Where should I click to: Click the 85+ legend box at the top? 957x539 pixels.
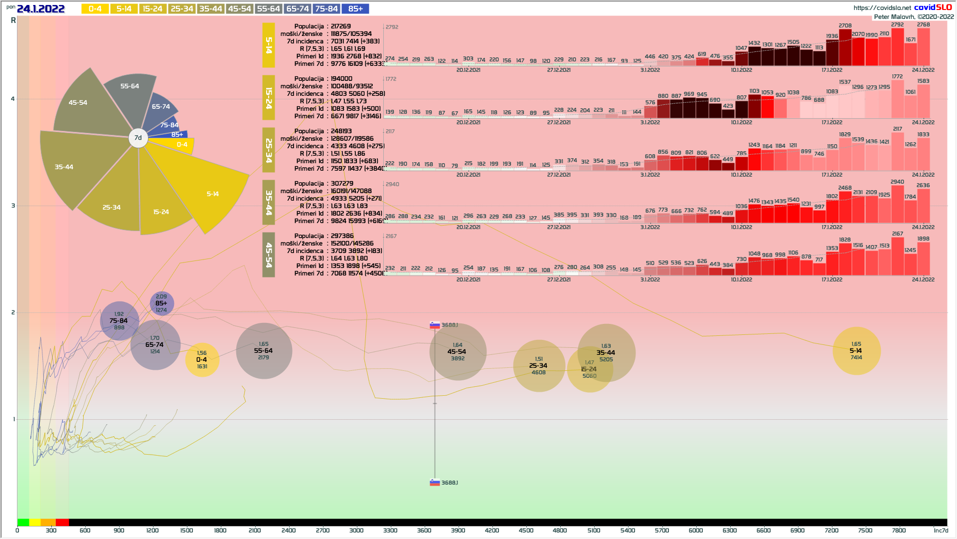tap(355, 8)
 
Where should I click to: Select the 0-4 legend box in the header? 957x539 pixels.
tap(95, 8)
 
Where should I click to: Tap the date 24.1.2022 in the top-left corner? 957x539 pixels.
tap(41, 9)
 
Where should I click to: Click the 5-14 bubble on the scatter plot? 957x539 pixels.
tap(856, 351)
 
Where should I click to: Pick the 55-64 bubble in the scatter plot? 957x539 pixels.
tap(264, 351)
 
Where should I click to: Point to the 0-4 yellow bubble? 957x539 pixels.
tap(202, 360)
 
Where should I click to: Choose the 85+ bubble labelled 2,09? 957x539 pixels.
tap(161, 303)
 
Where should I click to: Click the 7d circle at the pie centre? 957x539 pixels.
tap(138, 138)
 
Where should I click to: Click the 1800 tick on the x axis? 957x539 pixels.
tap(220, 531)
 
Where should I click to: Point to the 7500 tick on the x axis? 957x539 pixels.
tap(865, 531)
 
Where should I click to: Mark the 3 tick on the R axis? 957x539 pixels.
tap(13, 206)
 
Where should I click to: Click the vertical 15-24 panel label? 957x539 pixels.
tap(269, 98)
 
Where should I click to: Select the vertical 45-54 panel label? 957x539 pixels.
tap(269, 255)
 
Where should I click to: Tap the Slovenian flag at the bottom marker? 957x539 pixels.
tap(435, 483)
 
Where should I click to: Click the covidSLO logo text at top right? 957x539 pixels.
tap(933, 7)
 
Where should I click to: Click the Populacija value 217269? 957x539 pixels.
tap(341, 26)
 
